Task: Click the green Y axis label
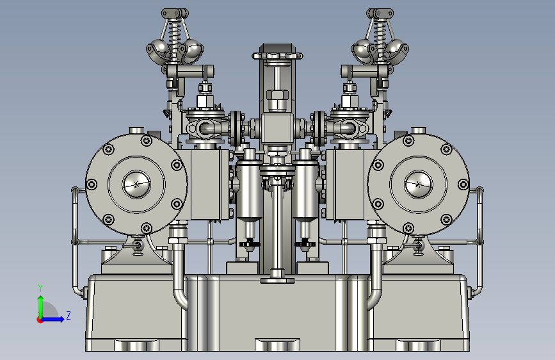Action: (40, 288)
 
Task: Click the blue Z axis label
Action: (68, 315)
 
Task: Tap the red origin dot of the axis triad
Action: (40, 320)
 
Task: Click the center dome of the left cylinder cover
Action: (136, 184)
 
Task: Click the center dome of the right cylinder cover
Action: (419, 184)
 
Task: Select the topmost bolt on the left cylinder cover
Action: (146, 141)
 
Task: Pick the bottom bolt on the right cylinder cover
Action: (408, 228)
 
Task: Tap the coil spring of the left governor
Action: (173, 38)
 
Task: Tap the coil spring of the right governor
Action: (381, 38)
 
